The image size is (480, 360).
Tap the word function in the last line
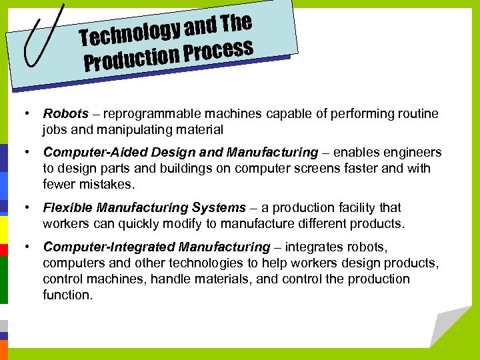pyautogui.click(x=67, y=294)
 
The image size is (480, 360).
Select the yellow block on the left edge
pyautogui.click(x=3, y=223)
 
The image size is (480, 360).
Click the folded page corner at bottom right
pyautogui.click(x=448, y=327)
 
